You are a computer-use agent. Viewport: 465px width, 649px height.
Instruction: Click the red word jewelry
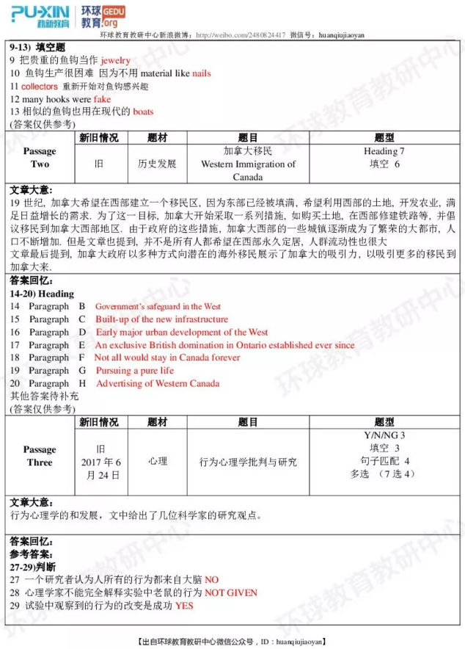115,60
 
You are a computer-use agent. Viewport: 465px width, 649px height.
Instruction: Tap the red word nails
202,73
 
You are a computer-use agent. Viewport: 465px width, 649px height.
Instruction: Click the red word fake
103,98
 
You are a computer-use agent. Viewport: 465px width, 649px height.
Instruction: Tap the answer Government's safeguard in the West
158,306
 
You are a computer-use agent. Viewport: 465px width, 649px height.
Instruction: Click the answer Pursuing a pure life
135,370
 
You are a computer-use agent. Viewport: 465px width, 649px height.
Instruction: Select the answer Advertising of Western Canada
158,383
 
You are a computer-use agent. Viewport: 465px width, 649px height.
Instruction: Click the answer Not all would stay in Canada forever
167,358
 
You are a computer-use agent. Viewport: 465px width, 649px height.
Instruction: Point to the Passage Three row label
40,456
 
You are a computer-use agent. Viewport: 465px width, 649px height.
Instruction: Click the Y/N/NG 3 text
384,435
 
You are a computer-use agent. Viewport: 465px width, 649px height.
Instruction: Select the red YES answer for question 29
184,606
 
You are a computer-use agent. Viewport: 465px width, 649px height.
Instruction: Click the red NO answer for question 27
212,579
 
